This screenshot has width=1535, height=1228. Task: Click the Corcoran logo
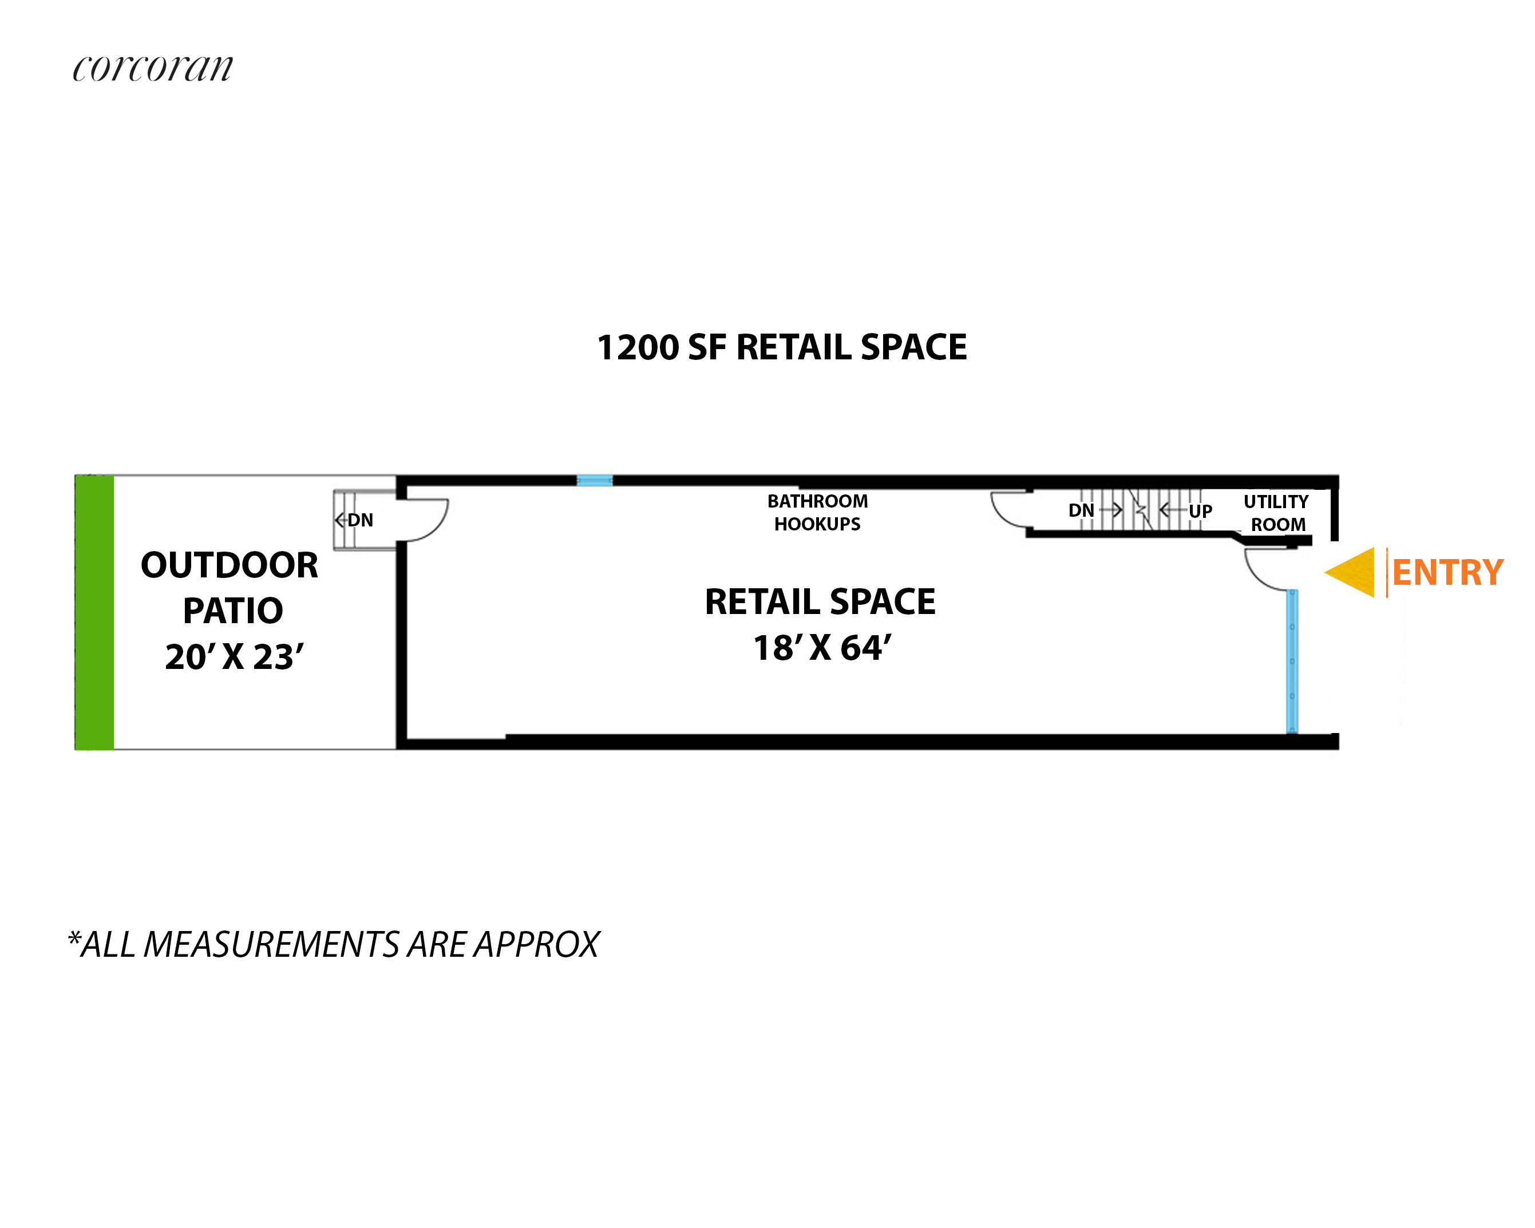tap(152, 68)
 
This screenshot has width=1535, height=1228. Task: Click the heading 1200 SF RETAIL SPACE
tap(782, 347)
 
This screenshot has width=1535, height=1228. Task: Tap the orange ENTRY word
tap(1447, 572)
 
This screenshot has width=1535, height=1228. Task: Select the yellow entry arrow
tap(1350, 572)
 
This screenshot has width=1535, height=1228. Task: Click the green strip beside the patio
tap(94, 612)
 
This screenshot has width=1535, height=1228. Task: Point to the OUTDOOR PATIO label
tap(230, 587)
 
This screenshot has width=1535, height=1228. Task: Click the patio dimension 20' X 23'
tap(234, 656)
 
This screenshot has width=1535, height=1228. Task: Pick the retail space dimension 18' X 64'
tap(822, 648)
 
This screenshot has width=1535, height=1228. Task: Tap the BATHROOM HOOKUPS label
tap(817, 513)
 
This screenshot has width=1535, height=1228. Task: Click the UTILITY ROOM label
tap(1276, 513)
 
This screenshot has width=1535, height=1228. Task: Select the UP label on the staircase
tap(1200, 511)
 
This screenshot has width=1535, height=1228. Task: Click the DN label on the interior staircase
tap(1081, 510)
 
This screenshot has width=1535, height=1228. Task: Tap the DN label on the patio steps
tap(360, 520)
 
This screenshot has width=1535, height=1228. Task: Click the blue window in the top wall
tap(595, 481)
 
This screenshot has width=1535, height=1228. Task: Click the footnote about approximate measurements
tap(334, 945)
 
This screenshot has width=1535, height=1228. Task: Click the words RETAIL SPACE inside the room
tap(820, 601)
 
